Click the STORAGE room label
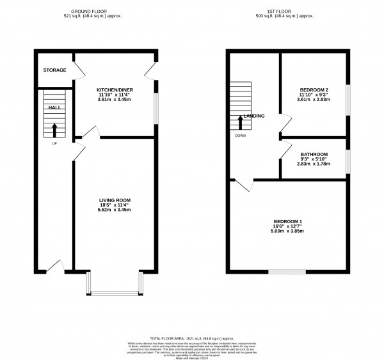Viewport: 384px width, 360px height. click(54, 70)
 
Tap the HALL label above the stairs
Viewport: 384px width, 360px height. click(54, 107)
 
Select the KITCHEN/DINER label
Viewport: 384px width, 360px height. click(114, 90)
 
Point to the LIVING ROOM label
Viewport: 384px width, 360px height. click(115, 200)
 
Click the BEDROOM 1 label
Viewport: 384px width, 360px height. click(287, 221)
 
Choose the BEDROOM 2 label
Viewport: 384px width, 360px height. click(314, 90)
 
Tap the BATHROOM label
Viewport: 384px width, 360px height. click(314, 154)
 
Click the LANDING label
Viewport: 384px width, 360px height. click(254, 116)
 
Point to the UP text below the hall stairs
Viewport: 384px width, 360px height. click(54, 143)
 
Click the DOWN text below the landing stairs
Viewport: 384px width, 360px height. click(240, 136)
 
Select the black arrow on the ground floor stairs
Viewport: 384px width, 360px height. click(54, 130)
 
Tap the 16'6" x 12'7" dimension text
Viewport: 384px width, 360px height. click(287, 226)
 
